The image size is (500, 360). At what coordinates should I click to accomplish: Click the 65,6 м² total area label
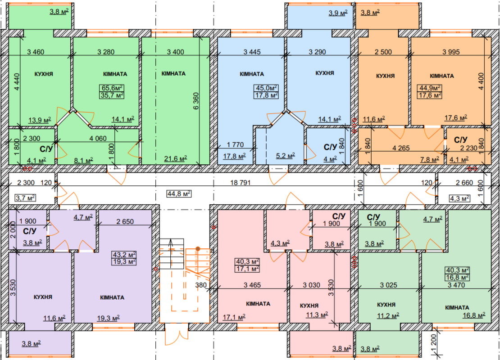click(112, 88)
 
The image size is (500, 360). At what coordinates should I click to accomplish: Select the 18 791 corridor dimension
click(241, 183)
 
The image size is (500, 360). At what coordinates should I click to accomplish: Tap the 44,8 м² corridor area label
click(179, 193)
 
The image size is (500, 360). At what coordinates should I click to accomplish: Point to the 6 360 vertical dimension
click(196, 101)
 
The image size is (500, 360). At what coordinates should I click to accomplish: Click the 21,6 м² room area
click(175, 158)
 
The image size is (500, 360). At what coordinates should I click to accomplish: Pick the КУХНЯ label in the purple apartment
click(43, 297)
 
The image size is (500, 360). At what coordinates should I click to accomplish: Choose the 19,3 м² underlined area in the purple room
click(109, 318)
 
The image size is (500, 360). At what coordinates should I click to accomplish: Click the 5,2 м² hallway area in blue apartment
click(286, 156)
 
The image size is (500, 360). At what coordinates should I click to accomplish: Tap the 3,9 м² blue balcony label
click(338, 13)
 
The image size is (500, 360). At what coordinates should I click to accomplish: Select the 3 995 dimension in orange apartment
click(451, 52)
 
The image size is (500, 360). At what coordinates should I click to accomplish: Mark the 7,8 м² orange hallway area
click(430, 159)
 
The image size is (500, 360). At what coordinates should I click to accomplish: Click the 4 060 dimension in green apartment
click(98, 139)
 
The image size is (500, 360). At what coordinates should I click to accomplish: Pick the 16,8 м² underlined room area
click(474, 315)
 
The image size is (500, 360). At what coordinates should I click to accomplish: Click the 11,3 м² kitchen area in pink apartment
click(317, 315)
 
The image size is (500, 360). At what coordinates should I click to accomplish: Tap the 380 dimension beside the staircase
click(201, 285)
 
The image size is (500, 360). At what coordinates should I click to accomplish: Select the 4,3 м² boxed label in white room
click(459, 198)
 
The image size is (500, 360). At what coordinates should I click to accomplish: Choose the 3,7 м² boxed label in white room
click(26, 198)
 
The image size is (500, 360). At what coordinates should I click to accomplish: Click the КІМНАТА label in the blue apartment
click(252, 74)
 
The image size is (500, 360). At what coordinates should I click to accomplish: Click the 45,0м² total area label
click(266, 88)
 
